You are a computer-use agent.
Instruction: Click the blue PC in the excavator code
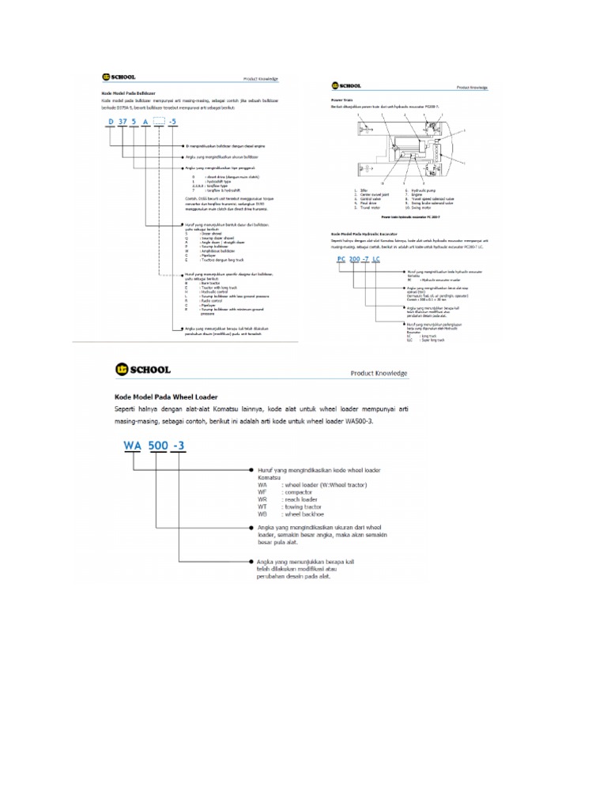340,259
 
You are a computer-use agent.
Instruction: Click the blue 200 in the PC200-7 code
358,259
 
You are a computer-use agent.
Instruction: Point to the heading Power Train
340,100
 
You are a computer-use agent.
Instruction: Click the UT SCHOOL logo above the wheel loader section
141,368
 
